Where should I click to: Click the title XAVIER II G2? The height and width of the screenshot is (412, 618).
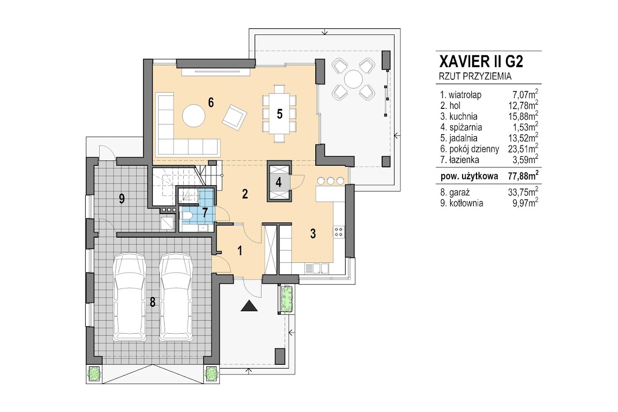click(481, 62)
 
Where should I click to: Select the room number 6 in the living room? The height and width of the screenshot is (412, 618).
click(211, 102)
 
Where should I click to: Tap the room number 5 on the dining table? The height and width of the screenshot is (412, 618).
click(279, 114)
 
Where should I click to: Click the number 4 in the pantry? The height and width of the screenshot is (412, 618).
click(279, 182)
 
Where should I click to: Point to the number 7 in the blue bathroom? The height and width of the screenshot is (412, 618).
click(205, 213)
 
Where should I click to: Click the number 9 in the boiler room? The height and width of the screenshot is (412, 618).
click(122, 198)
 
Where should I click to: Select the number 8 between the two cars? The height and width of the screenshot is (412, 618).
click(153, 302)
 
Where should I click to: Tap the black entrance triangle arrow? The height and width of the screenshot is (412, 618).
click(249, 306)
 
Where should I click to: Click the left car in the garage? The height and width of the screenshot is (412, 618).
click(130, 297)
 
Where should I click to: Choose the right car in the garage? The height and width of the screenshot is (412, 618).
click(176, 297)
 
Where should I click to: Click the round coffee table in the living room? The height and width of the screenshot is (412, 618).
click(193, 115)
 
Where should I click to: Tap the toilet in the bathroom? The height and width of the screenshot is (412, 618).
click(186, 216)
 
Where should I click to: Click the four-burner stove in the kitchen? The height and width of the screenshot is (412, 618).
click(339, 232)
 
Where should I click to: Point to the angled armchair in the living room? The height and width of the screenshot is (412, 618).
click(235, 117)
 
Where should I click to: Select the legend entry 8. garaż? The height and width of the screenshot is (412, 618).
click(455, 193)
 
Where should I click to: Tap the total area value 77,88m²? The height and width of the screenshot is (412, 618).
click(523, 175)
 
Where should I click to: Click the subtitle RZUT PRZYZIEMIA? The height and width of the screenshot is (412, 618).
click(475, 77)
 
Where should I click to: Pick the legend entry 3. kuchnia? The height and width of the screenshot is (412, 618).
click(459, 116)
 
